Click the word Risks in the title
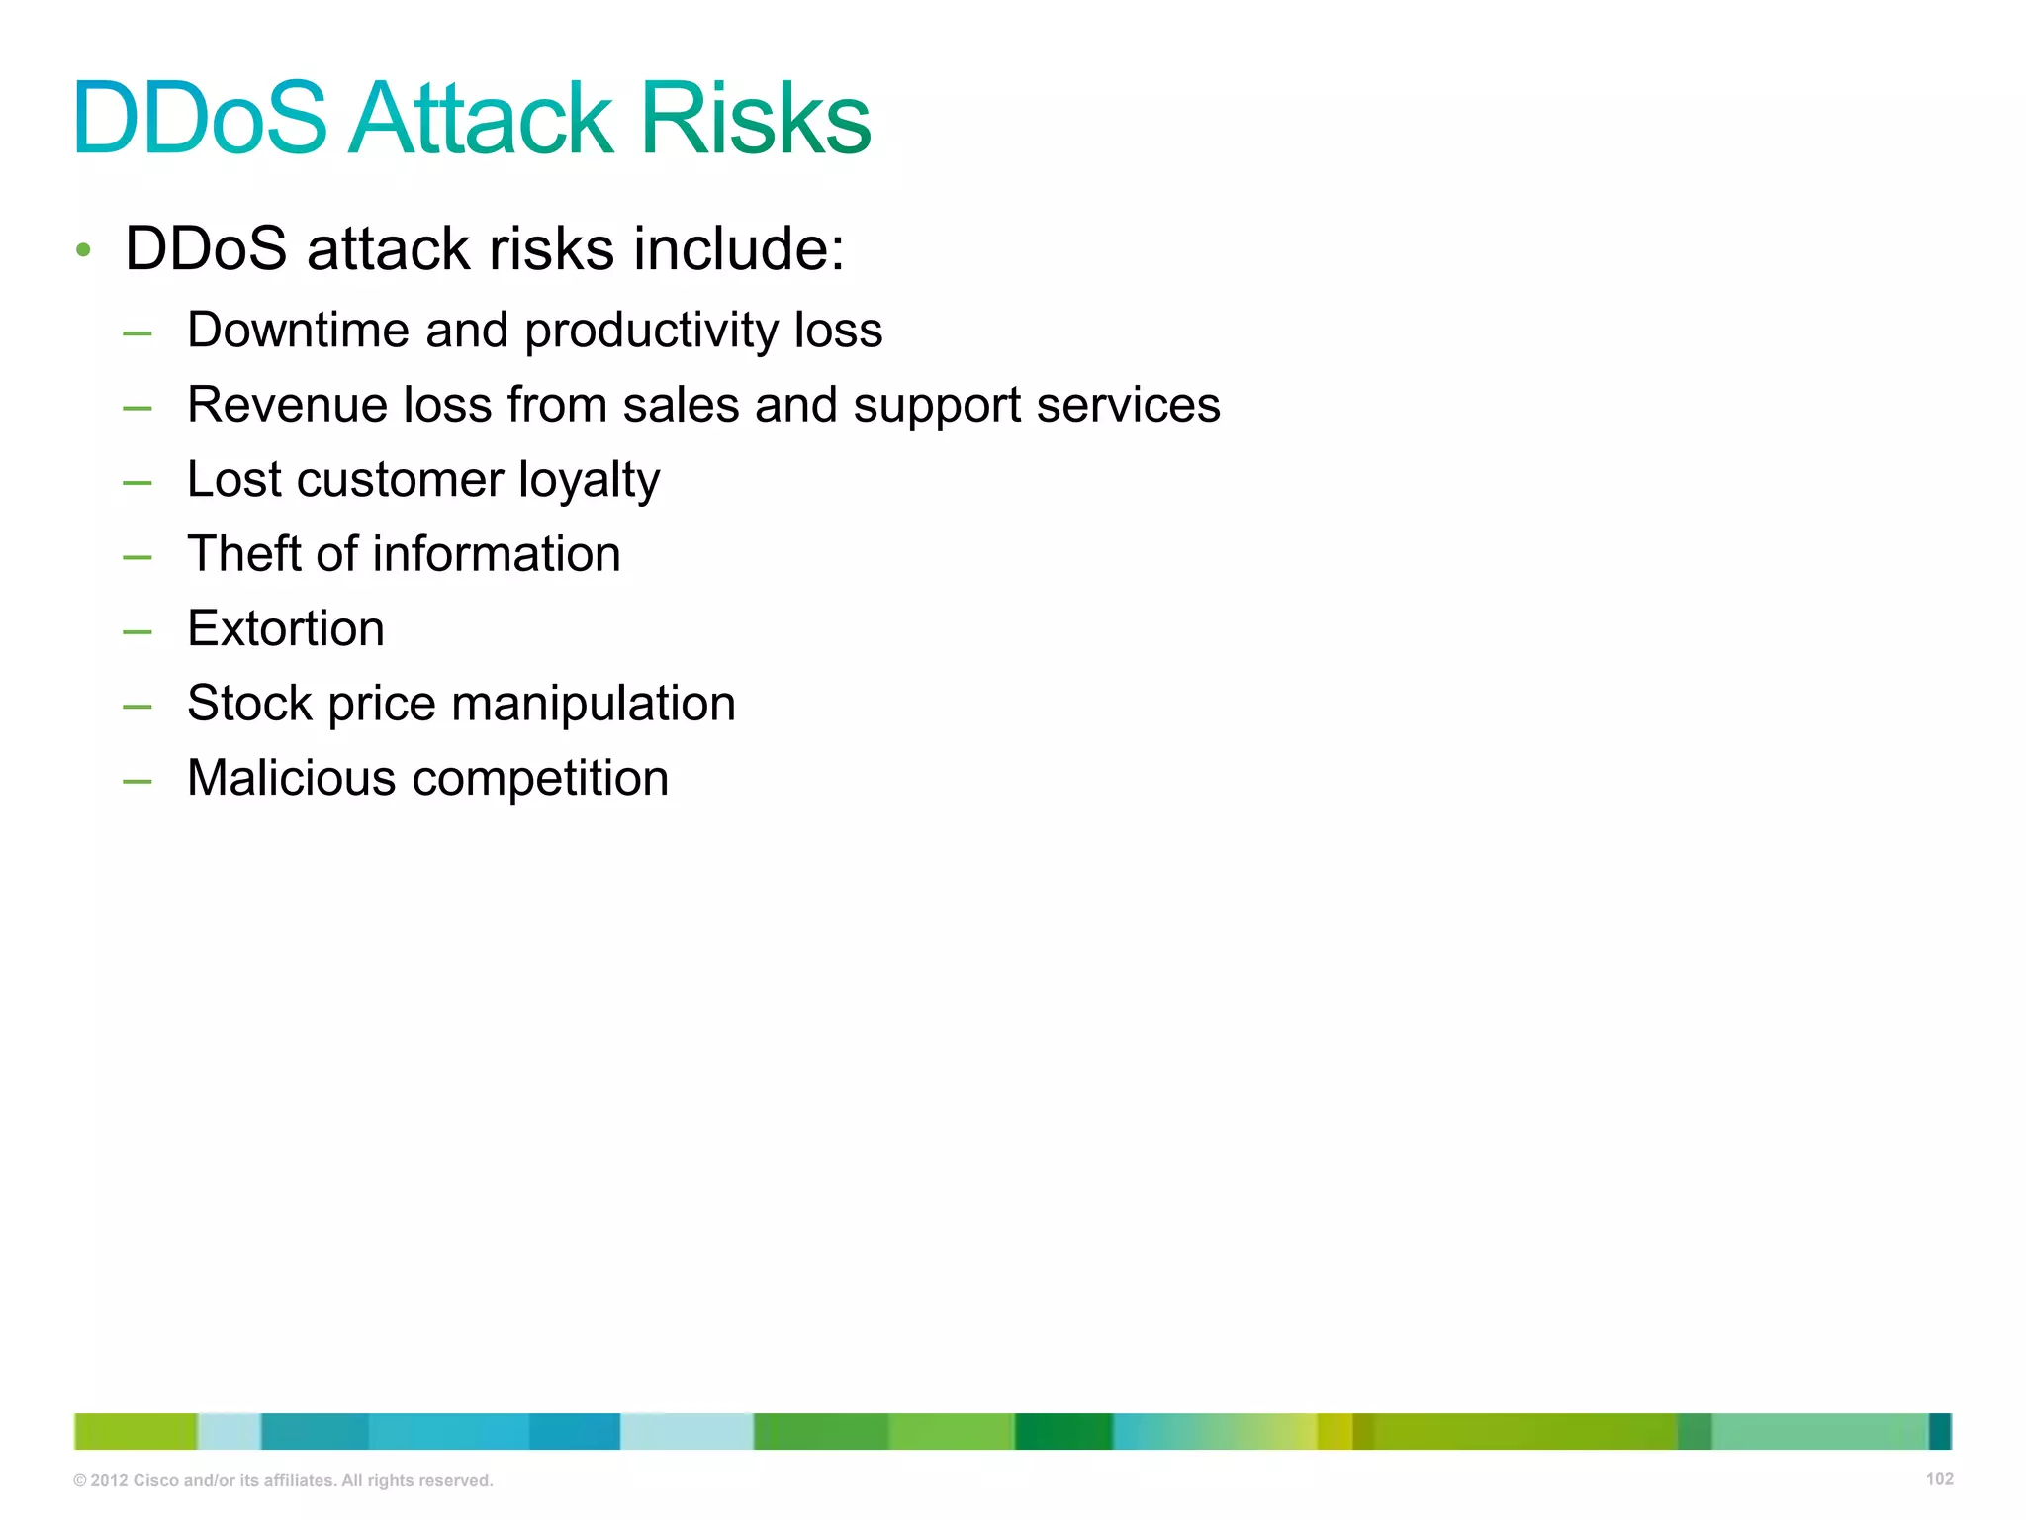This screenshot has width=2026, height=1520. coord(756,119)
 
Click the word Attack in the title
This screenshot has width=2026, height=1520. coord(482,119)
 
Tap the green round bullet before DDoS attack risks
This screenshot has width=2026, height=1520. coord(84,250)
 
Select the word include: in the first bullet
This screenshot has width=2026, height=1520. coord(739,248)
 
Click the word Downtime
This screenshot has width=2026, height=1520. coord(298,330)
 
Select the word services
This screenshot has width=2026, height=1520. coord(1128,405)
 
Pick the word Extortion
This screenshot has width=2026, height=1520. coord(286,628)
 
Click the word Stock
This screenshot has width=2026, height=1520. coord(249,704)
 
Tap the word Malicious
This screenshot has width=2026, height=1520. coord(292,778)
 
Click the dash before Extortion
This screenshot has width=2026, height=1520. coord(138,630)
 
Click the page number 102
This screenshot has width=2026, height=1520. coord(1939,1479)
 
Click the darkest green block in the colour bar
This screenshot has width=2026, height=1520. coord(1062,1431)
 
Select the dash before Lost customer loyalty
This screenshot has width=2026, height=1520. coord(138,482)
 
